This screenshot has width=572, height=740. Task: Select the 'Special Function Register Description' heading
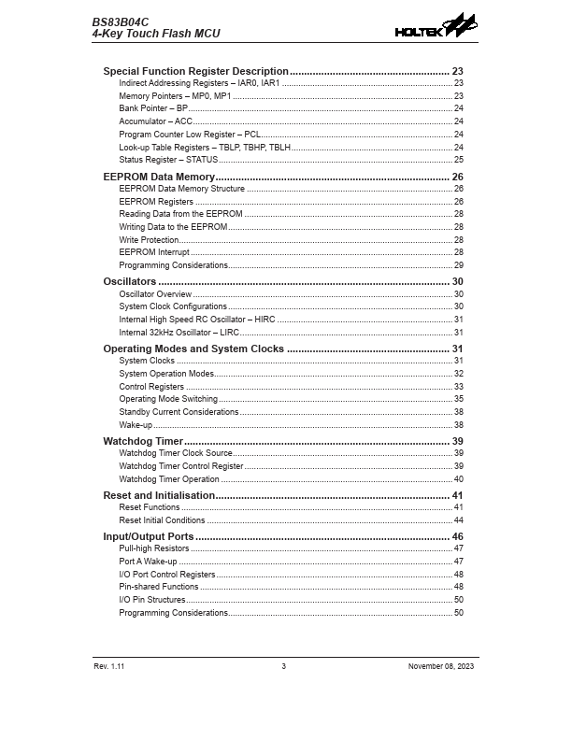195,71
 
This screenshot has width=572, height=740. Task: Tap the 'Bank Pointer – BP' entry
153,108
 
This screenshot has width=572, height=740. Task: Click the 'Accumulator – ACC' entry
156,121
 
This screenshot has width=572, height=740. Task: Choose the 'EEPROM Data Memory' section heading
159,177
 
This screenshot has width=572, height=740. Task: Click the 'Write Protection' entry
149,240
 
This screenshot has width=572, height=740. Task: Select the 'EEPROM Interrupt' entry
154,252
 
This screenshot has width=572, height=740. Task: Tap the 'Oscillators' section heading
129,281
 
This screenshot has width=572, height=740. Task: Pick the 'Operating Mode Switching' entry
168,399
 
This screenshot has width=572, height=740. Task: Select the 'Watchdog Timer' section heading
143,441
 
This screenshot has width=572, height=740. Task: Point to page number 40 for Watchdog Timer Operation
458,479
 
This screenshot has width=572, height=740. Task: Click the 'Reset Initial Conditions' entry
162,520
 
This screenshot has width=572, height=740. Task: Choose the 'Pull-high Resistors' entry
154,548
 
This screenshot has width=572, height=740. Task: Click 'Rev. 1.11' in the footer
108,665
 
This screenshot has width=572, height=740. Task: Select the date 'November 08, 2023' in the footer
441,665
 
